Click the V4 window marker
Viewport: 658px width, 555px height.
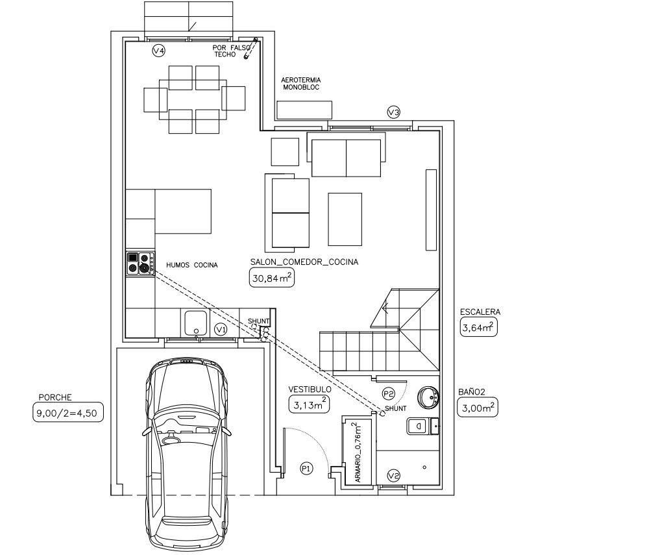(158, 51)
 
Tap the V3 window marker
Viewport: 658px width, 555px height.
(393, 112)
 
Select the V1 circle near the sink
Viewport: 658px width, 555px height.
(221, 330)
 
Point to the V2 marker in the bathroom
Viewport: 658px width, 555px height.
(393, 476)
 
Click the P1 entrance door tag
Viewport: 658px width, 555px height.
(306, 468)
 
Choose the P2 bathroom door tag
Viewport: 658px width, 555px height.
(389, 394)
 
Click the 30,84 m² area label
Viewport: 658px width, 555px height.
(272, 278)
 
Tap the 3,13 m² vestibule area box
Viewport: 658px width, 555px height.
(309, 404)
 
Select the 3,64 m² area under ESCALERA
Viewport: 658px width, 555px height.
(479, 327)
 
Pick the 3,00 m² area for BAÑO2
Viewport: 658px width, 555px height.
(478, 407)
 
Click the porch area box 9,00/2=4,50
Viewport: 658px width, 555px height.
(67, 412)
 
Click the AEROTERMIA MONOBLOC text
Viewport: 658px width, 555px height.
(301, 84)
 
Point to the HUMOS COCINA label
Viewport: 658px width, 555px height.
(192, 265)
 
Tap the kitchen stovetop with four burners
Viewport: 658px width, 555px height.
(141, 264)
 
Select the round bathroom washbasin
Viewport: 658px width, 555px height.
(428, 397)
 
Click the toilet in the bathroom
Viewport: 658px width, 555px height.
(422, 426)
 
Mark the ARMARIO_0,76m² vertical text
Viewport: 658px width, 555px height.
(358, 452)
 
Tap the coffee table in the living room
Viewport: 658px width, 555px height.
(345, 219)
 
